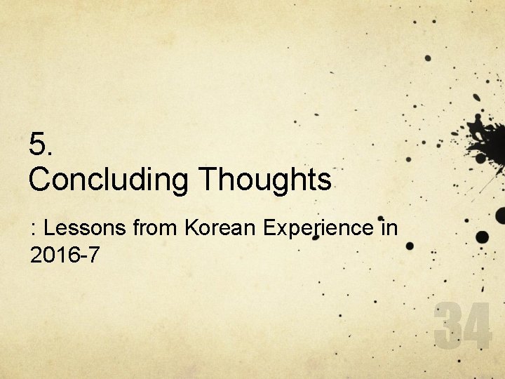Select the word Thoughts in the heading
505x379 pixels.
pos(265,180)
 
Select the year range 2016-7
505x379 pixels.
pos(65,255)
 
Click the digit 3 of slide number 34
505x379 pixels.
pos(447,324)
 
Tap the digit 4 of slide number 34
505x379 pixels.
pos(477,324)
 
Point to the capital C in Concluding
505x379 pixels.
pos(39,180)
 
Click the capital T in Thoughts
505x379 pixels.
pos(208,180)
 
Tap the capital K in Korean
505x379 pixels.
pos(191,228)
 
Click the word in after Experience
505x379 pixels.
pos(388,228)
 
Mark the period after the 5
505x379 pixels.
pos(50,154)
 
